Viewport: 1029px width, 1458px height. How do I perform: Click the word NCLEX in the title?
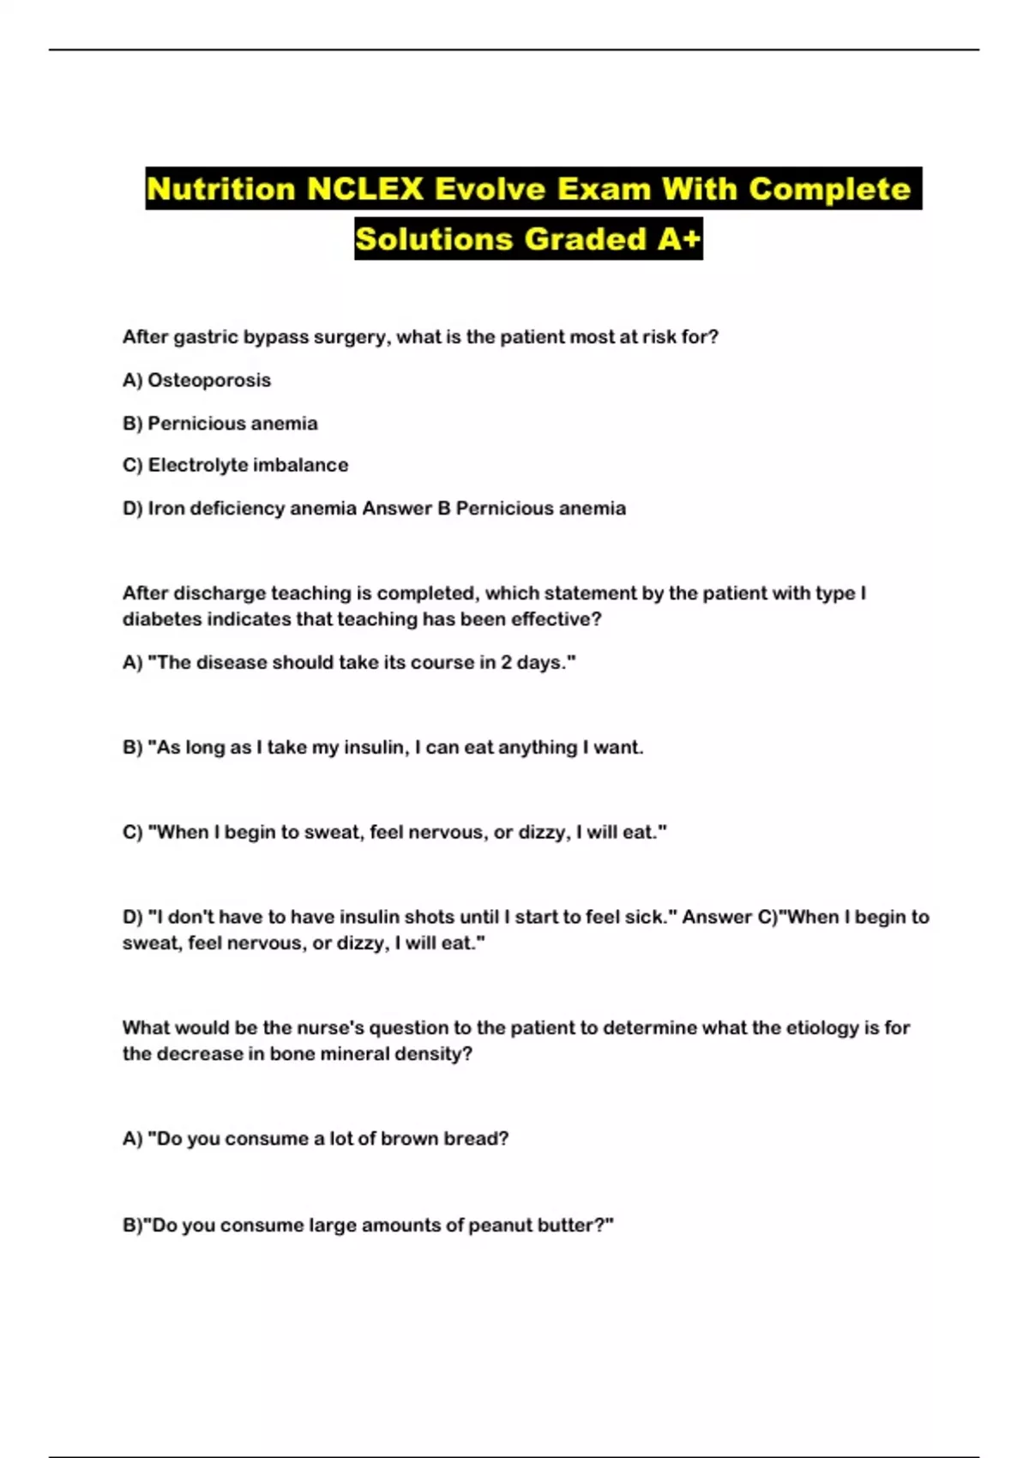click(365, 189)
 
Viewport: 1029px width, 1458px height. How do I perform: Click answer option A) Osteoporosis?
click(196, 380)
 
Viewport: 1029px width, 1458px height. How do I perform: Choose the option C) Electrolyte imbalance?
click(235, 465)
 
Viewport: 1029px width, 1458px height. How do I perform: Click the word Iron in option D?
click(166, 509)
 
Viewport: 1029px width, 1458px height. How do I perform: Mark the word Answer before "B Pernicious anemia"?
click(397, 509)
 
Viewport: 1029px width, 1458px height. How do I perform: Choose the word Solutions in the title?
click(433, 238)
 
